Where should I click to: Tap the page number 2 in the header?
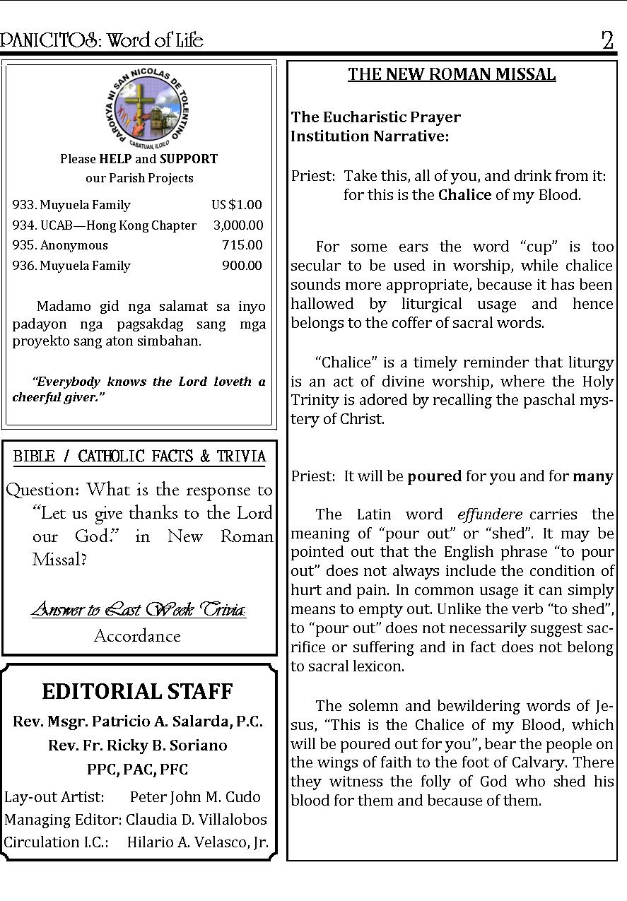click(607, 40)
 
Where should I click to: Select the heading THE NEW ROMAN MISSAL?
click(452, 75)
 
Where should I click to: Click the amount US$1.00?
click(237, 205)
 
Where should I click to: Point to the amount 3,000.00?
click(238, 225)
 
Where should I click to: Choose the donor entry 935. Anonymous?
click(60, 245)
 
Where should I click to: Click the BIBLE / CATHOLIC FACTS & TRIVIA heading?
click(140, 457)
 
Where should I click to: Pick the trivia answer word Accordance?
click(137, 636)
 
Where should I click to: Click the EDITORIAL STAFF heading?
click(137, 691)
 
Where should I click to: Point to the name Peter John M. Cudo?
click(195, 797)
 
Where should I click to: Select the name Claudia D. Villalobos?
click(197, 820)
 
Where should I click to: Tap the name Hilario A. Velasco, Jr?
click(198, 842)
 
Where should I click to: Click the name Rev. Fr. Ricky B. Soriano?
click(138, 746)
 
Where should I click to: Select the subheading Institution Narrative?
click(370, 136)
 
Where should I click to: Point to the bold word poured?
click(434, 476)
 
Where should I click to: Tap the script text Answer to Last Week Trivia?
click(139, 609)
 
